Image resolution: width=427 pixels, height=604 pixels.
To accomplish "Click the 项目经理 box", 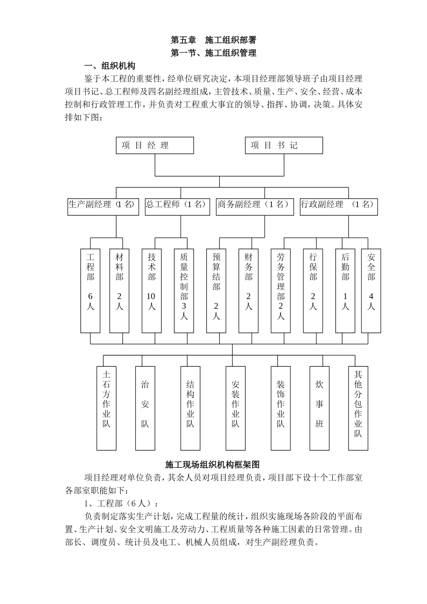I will point(155,146).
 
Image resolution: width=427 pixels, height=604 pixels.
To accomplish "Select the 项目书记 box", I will point(284,146).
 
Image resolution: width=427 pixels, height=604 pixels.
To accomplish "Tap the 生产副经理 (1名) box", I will point(103,206).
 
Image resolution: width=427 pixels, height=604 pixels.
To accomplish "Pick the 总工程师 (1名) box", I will point(177,206).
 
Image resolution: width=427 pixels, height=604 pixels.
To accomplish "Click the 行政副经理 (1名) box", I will point(338,206).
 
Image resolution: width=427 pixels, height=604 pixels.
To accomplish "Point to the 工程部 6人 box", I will point(90,290).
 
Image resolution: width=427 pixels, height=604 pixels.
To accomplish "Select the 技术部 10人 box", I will point(151,290).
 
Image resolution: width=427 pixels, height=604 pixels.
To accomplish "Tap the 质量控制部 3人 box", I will point(184,290).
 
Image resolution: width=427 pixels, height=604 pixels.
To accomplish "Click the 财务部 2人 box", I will point(249,290).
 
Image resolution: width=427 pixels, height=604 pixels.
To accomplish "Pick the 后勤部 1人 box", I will point(345,290).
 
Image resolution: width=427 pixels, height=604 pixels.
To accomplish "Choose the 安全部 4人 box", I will point(371,290).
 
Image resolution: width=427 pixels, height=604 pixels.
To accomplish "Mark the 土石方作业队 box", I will point(107,408).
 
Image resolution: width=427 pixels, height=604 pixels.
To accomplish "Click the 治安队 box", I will point(145,408).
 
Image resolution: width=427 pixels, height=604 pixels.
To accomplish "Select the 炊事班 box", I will point(319,408).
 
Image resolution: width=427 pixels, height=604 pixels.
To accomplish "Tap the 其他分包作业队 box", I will point(358,408).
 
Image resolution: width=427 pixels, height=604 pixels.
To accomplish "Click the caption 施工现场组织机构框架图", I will point(213,464).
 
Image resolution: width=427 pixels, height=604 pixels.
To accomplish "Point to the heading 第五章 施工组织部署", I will point(213,40).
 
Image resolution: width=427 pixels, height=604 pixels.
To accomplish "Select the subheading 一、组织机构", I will point(110,66).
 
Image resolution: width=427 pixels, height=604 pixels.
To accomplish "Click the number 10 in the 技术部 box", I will point(151,296).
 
